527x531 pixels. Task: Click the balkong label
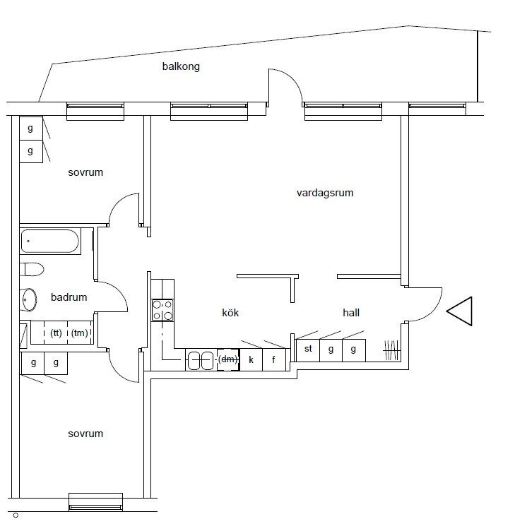tap(180, 67)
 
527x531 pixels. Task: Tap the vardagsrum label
tap(325, 192)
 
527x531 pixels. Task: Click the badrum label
tap(69, 297)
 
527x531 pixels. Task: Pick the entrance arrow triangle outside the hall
tap(460, 311)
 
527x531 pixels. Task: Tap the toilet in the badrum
tap(32, 269)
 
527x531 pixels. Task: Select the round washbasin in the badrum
tap(30, 299)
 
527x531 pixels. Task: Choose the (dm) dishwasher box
tap(228, 359)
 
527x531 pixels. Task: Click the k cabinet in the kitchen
tap(251, 359)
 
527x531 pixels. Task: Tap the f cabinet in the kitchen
tap(273, 359)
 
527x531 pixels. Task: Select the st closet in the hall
tap(308, 349)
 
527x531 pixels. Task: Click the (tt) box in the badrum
tap(56, 333)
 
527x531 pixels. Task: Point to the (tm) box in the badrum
tap(80, 333)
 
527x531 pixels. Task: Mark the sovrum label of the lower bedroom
tap(85, 434)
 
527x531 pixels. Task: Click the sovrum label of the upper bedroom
tap(85, 172)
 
